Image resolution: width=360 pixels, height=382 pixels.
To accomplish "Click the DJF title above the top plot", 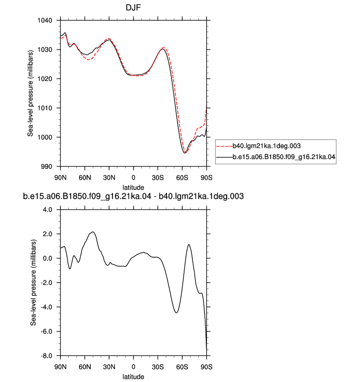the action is coord(133,7).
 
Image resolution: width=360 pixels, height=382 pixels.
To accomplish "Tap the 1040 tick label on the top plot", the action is coord(45,21).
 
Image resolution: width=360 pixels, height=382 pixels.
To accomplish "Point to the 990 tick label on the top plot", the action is coord(47,166).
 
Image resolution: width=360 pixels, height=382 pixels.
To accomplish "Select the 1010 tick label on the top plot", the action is coord(45,108).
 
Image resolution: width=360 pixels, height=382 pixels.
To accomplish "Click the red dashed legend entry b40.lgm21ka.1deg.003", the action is coord(258,146).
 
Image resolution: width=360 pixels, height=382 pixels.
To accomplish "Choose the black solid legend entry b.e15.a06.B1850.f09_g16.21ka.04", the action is coord(276,157).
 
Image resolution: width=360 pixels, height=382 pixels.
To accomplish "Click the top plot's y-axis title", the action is coord(30,93).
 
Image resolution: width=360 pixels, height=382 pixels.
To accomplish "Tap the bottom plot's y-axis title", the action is coord(33,283).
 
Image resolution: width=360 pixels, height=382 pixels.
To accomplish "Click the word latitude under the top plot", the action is coord(133,188).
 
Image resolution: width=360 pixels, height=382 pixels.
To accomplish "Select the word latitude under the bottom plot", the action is coord(133,377).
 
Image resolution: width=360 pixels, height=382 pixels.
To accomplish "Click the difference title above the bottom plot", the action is coord(133,196).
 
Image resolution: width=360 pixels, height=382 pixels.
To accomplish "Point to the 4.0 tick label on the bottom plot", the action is coord(48,210).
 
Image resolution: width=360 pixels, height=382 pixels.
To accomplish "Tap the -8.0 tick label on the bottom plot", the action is coord(46,356).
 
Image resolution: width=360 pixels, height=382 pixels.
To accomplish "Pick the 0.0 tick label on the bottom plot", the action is coord(48,258).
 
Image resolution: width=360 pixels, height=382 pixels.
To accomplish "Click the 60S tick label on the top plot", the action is coord(182,178).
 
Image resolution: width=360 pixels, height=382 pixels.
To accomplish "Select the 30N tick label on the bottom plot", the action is coord(109,367).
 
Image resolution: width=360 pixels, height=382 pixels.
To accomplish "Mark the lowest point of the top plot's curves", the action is coord(185,153).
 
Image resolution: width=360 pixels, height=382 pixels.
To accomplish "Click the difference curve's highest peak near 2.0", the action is coord(93,232).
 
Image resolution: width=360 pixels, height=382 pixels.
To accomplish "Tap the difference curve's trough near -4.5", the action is coord(176,313).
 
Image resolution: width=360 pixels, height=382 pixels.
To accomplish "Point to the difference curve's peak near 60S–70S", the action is coord(189,245).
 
